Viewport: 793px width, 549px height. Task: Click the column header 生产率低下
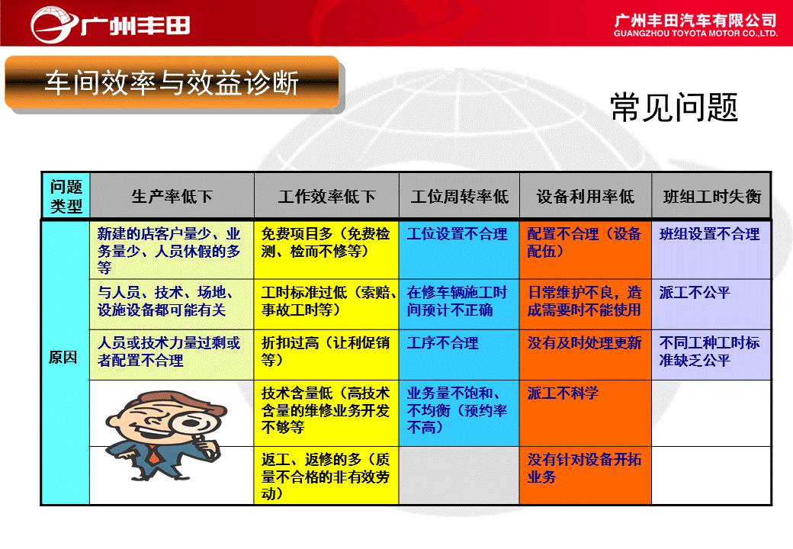172,196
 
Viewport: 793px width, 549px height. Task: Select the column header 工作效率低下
326,196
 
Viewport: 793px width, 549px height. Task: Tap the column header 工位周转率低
459,196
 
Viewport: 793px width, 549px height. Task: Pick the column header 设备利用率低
586,196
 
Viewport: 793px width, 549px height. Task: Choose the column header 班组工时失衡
712,196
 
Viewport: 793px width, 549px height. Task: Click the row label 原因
63,358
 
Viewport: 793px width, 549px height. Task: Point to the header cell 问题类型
66,196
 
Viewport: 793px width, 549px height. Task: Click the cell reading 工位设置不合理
457,233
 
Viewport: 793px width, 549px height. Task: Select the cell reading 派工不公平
695,292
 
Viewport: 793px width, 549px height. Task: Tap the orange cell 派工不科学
563,393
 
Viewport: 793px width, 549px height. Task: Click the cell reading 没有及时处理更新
584,343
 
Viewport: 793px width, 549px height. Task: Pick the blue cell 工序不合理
442,343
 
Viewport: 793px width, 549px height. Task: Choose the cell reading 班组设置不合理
709,233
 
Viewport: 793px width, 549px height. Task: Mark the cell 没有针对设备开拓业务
584,467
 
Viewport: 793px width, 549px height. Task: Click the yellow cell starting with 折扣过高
326,352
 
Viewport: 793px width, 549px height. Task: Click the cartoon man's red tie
153,456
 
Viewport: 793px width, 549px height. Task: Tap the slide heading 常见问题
674,108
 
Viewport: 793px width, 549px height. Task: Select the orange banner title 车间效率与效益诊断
172,83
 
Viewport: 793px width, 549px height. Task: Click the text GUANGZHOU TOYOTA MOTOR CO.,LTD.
695,34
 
